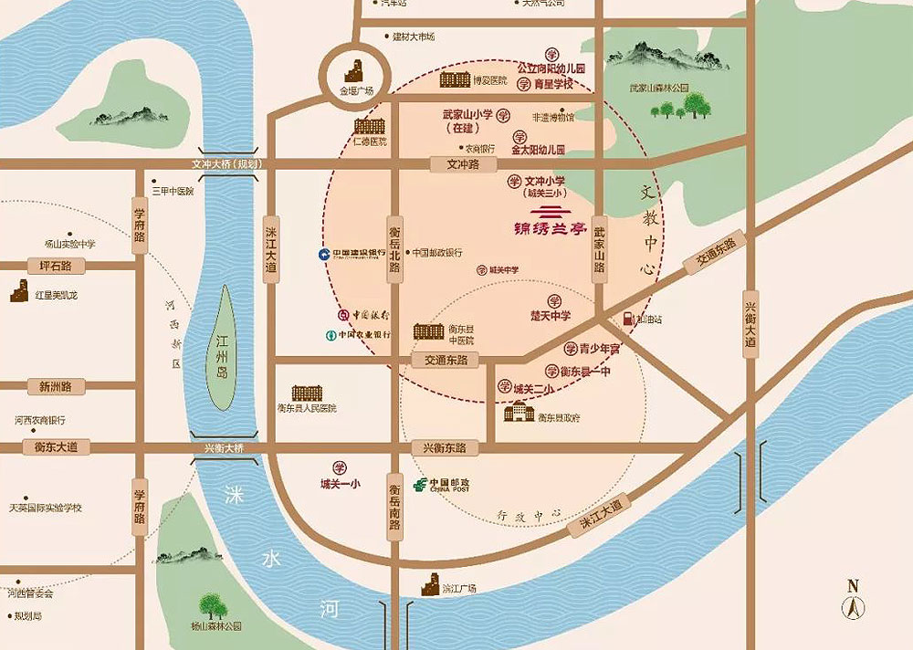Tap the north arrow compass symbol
853,600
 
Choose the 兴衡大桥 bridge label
225,447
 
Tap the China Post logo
418,484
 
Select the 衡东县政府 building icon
519,414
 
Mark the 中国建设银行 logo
323,254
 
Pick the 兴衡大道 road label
750,324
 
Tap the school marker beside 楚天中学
553,300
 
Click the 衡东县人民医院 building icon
307,393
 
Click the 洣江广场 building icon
431,584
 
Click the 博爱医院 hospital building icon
455,79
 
